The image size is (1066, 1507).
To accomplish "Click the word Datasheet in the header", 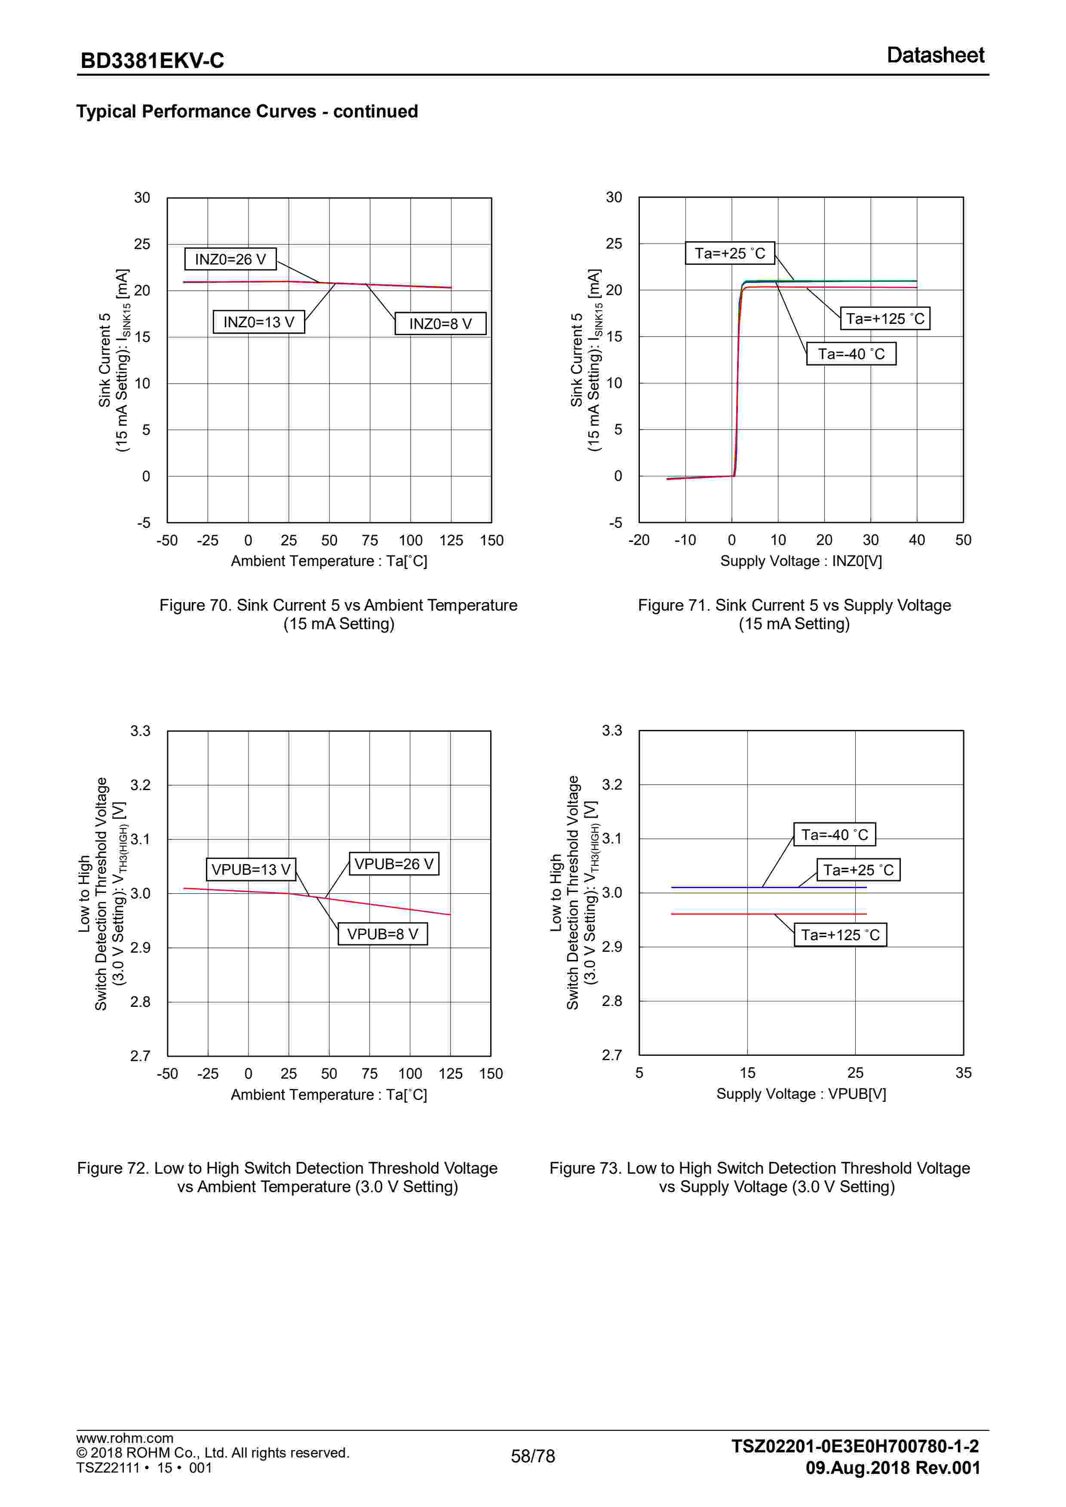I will [x=935, y=55].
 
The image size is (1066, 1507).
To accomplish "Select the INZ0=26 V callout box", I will [x=230, y=259].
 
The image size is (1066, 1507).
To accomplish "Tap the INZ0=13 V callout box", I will [x=258, y=322].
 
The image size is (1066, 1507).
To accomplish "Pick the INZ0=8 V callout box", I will [x=440, y=323].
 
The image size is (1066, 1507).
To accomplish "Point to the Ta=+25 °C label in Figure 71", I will [x=730, y=253].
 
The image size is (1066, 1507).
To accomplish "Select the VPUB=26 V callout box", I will [x=394, y=864].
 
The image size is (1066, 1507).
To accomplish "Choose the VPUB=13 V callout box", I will [x=251, y=870].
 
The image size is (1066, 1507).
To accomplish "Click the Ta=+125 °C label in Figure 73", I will [x=840, y=935].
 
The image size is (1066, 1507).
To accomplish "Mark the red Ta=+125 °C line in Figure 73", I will [x=722, y=913].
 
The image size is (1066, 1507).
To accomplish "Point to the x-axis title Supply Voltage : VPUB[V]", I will [x=801, y=1094].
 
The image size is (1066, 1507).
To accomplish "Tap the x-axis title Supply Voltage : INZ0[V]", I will [x=801, y=561].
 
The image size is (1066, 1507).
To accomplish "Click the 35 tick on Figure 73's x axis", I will [x=963, y=1073].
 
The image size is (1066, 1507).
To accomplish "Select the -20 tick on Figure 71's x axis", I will [x=638, y=540].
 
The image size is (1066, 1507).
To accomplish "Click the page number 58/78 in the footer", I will [x=532, y=1456].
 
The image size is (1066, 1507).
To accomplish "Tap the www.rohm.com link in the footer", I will [x=125, y=1438].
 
